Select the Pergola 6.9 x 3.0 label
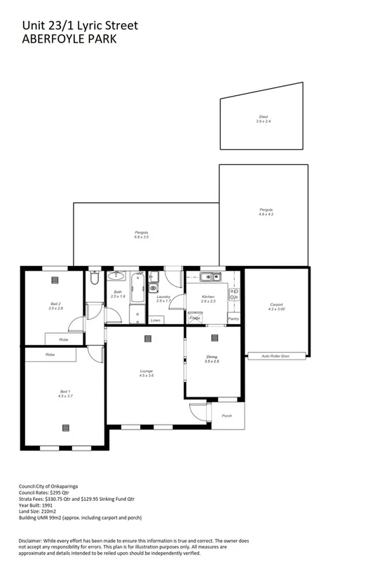point(142,234)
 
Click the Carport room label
point(276,306)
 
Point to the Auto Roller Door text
point(275,355)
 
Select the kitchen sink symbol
point(208,278)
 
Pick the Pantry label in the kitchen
point(234,319)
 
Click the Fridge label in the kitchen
point(195,319)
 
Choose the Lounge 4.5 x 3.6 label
point(146,372)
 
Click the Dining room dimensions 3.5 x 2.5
point(212,362)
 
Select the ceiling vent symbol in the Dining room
point(212,339)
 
